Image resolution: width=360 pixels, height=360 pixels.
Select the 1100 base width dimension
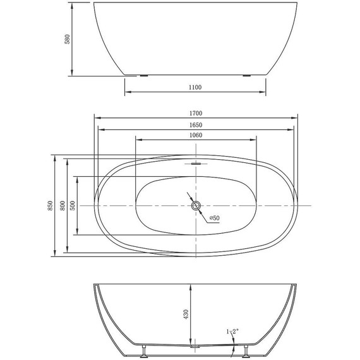point(195,87)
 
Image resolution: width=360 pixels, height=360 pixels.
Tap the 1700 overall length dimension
point(196,113)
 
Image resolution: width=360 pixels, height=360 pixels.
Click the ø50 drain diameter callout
point(214,218)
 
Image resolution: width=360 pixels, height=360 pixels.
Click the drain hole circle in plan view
point(196,205)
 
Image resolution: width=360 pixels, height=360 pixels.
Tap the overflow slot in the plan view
point(196,163)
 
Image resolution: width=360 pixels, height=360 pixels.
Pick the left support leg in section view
point(145,348)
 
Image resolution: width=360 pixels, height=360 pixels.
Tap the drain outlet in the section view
point(196,346)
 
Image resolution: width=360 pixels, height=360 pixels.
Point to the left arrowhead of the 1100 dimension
point(126,92)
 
